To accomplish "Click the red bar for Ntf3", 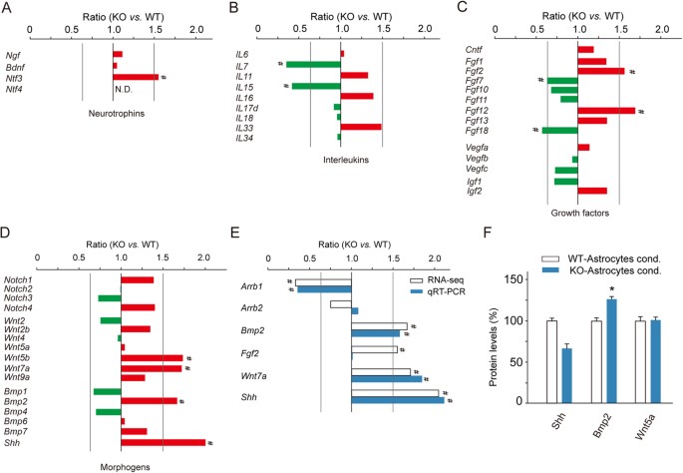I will point(135,77).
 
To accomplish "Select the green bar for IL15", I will point(316,86).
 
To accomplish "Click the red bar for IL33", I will point(361,127).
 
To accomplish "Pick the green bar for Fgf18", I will point(560,130).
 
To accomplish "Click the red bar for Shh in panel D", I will point(163,443).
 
